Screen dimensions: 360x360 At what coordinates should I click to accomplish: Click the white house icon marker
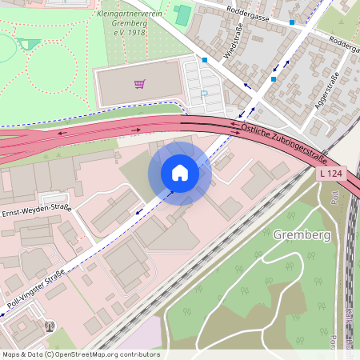180,173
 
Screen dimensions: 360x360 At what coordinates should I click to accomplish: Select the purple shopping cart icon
139,83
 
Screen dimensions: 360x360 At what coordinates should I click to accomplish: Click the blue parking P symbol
203,94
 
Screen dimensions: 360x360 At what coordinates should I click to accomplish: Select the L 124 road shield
332,174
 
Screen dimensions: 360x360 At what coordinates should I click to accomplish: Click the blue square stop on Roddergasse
292,22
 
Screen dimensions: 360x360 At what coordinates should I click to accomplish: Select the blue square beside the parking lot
205,60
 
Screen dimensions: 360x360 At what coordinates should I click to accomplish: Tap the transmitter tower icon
50,326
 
